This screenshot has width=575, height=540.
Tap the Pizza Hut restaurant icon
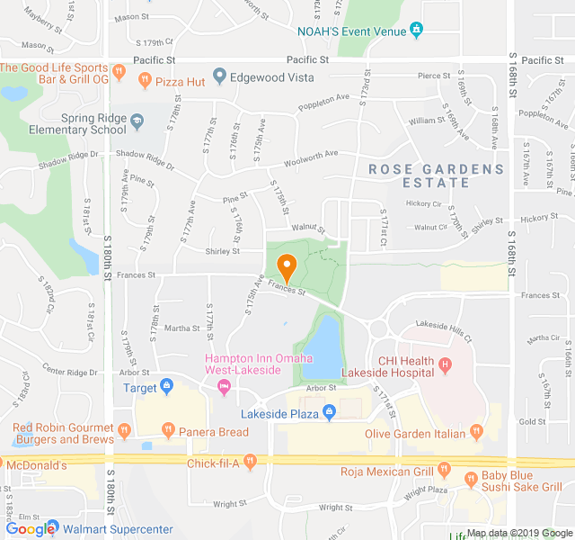[x=144, y=81]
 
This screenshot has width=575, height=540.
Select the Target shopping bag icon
[x=166, y=388]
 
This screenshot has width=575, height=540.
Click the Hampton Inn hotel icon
[x=224, y=387]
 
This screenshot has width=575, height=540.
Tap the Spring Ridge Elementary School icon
[x=137, y=121]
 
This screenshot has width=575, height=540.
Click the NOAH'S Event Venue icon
[x=416, y=30]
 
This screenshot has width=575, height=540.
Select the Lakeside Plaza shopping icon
[x=329, y=413]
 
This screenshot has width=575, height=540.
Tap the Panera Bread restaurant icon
[x=166, y=430]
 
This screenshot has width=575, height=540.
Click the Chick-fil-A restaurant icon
[x=251, y=463]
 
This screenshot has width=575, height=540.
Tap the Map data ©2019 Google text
[x=518, y=533]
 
